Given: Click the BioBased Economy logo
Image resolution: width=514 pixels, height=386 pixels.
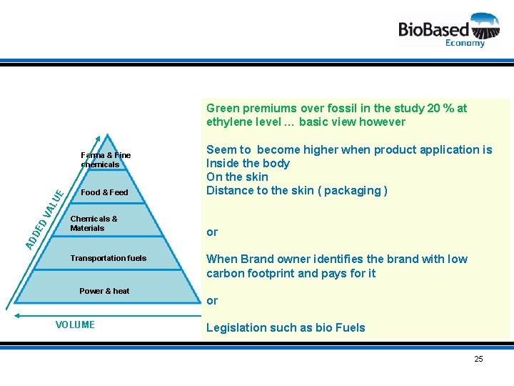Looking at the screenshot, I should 448,30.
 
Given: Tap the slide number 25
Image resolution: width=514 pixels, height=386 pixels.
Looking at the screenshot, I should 478,359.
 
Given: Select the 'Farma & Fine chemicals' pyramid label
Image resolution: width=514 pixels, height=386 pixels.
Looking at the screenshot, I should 105,159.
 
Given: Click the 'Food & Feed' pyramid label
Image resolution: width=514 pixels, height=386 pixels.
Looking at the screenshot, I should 104,192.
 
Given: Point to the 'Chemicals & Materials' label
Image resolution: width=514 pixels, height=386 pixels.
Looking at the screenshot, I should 94,224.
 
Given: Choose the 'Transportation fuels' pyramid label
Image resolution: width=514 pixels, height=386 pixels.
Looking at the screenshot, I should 108,258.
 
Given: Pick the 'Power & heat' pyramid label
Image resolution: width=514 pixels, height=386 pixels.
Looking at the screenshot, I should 104,291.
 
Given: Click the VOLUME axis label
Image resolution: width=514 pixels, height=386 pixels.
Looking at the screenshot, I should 75,325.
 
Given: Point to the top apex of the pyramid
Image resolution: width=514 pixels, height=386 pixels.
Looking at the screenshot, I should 106,135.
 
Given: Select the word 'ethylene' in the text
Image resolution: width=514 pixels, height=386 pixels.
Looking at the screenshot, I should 228,122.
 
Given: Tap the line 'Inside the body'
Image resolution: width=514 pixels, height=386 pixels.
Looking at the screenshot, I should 248,163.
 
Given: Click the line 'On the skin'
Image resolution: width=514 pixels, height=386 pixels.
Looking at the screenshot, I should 237,177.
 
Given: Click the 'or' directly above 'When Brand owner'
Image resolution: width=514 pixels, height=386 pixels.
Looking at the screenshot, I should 212,232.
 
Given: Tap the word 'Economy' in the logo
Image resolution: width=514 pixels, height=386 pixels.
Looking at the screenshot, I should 465,43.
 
